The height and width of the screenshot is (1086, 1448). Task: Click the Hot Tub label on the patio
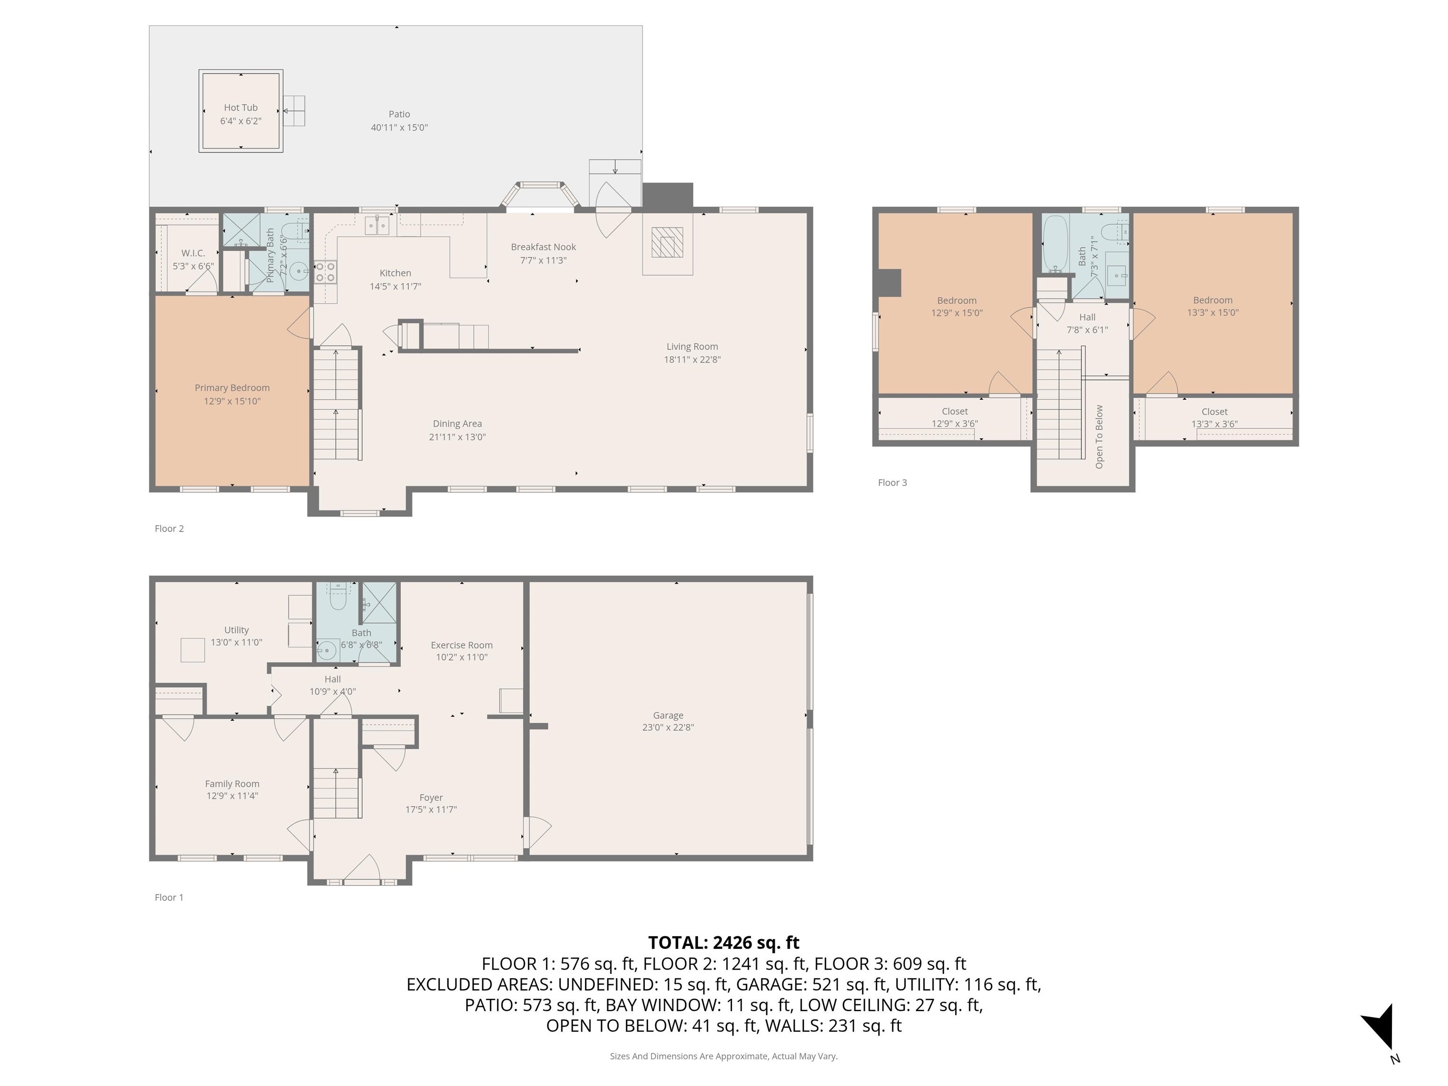(240, 107)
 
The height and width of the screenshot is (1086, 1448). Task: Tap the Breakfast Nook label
(543, 247)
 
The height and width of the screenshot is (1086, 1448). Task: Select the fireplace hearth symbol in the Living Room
(667, 242)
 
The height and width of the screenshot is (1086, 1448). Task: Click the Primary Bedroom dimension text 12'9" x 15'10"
(232, 401)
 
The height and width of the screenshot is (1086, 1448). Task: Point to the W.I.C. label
(193, 253)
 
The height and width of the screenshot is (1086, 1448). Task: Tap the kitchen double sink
(377, 226)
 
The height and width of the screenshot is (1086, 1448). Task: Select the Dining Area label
(457, 424)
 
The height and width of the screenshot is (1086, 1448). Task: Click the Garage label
(668, 716)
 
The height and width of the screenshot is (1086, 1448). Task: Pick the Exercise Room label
(461, 645)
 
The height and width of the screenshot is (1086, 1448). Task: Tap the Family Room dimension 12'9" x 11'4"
(232, 796)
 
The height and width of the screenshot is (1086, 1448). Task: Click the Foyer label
(431, 798)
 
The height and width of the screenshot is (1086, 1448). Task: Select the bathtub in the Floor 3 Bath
(1054, 242)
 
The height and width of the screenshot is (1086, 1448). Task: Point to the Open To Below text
(1099, 436)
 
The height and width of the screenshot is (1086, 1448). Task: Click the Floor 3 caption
(892, 483)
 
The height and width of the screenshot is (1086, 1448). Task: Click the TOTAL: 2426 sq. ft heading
(724, 943)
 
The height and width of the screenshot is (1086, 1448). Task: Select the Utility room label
(236, 630)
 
